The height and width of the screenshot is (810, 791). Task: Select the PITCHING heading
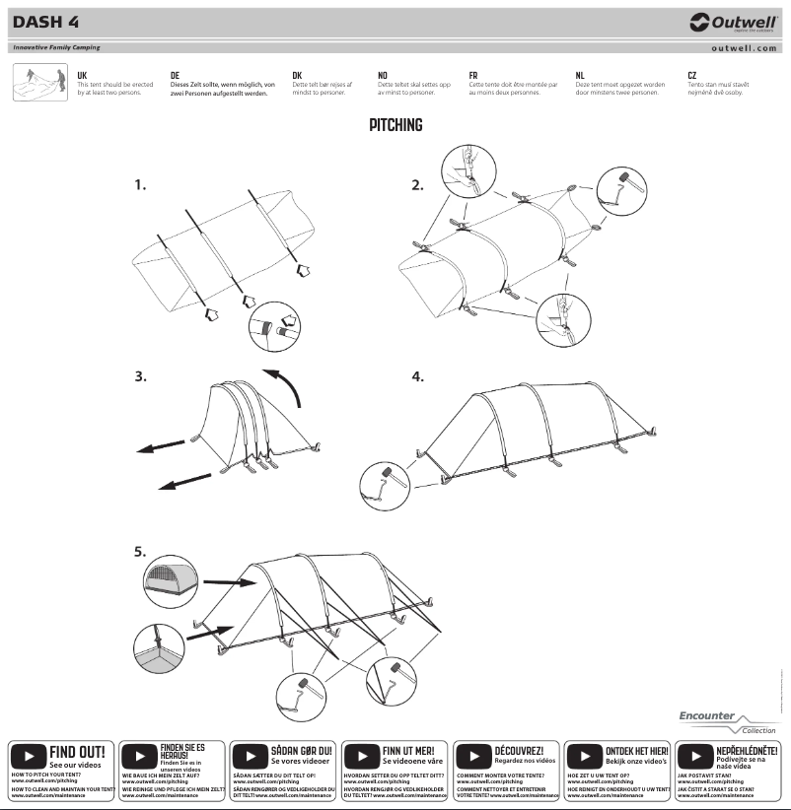pyautogui.click(x=395, y=125)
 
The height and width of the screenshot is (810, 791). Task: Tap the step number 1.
pyautogui.click(x=141, y=184)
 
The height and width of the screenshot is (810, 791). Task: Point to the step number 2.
pyautogui.click(x=417, y=184)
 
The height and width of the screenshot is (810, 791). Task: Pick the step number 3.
pyautogui.click(x=141, y=375)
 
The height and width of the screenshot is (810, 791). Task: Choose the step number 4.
pyautogui.click(x=417, y=375)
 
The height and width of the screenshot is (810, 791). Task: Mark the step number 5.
pyautogui.click(x=141, y=552)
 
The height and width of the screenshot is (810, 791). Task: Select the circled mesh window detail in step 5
pyautogui.click(x=167, y=581)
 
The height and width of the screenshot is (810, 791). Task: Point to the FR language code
pyautogui.click(x=473, y=75)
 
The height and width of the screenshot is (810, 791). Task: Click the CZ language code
pyautogui.click(x=692, y=75)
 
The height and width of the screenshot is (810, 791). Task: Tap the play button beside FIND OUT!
pyautogui.click(x=28, y=757)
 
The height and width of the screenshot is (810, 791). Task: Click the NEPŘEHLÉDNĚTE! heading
pyautogui.click(x=747, y=751)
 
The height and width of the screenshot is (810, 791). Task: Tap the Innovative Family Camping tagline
pyautogui.click(x=56, y=47)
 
